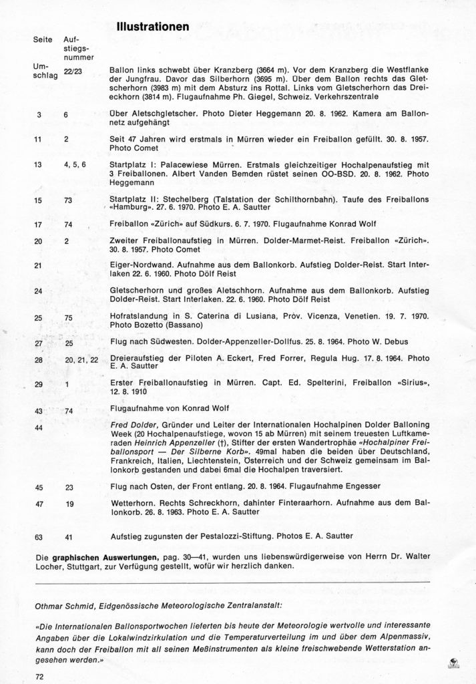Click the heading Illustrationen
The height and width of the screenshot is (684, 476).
point(153,28)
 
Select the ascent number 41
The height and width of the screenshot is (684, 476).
point(70,535)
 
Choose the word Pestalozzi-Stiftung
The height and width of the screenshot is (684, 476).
point(242,535)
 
